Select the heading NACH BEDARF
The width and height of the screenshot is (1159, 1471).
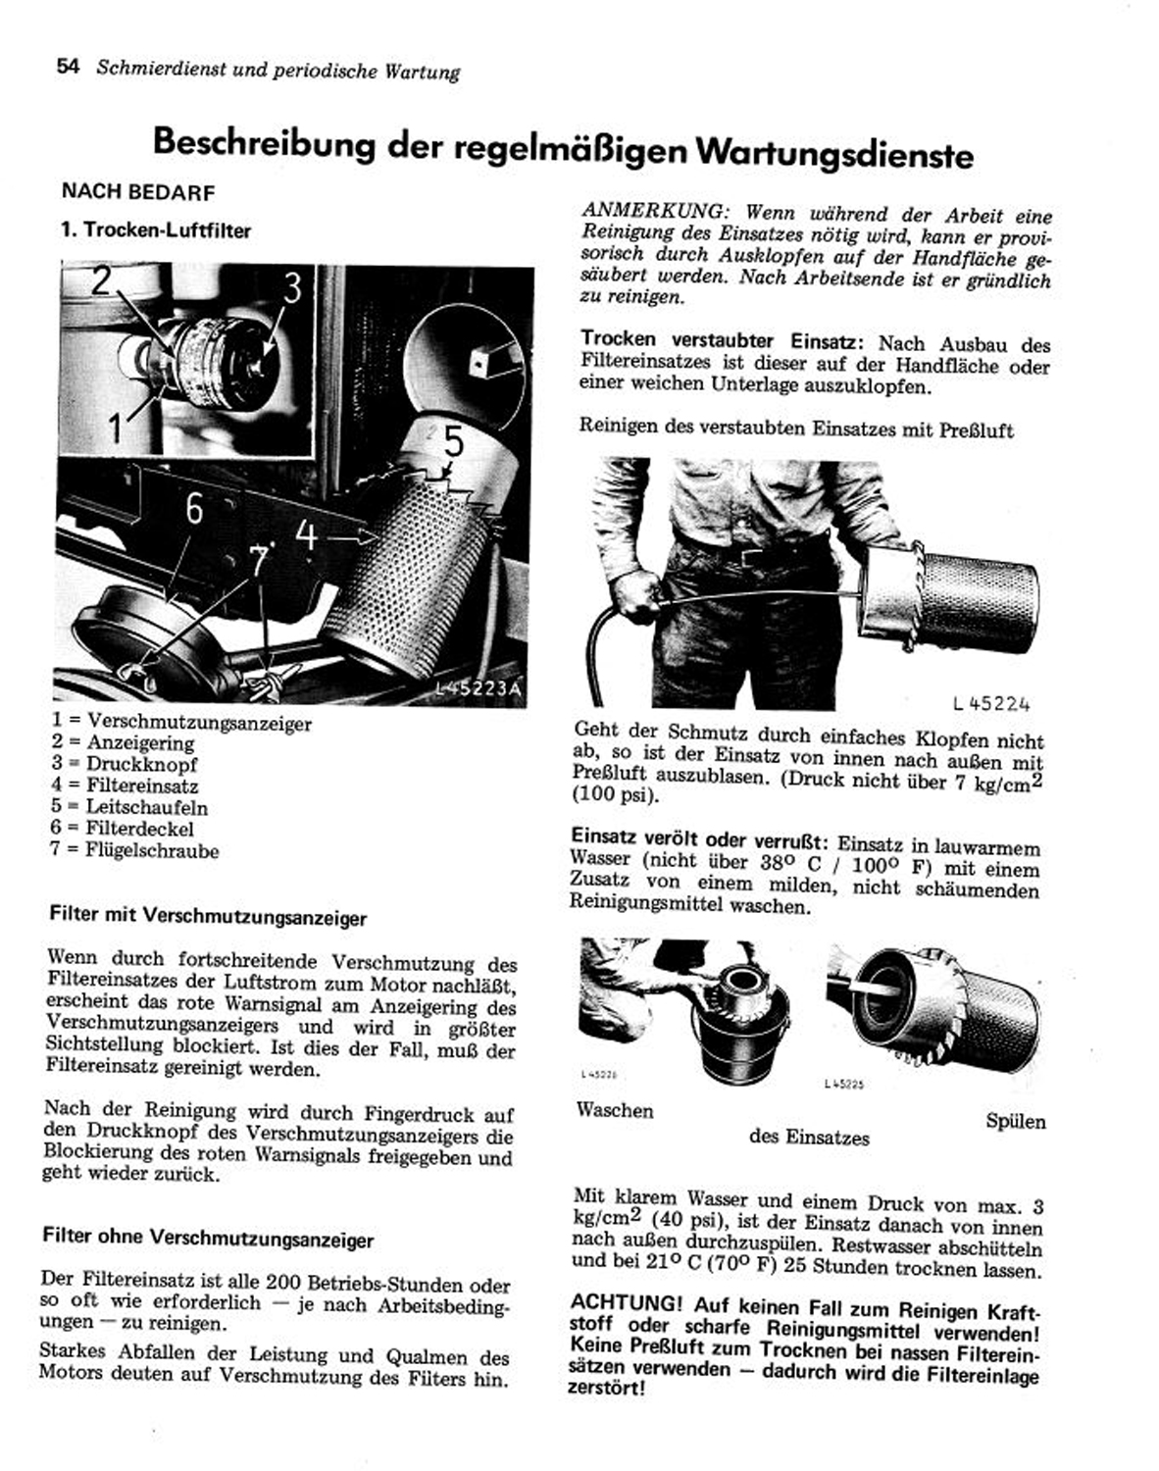pyautogui.click(x=137, y=192)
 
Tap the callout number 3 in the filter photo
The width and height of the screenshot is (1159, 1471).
pyautogui.click(x=292, y=289)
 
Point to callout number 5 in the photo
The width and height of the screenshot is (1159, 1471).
pyautogui.click(x=452, y=442)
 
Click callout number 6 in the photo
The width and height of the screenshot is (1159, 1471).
pyautogui.click(x=194, y=509)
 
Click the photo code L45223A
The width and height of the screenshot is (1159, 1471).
pyautogui.click(x=479, y=689)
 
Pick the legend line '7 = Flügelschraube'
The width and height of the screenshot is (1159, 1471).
pyautogui.click(x=134, y=850)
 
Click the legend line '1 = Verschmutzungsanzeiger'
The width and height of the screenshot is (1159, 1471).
pyautogui.click(x=181, y=724)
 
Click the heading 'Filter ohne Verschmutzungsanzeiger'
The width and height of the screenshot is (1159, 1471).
pyautogui.click(x=208, y=1238)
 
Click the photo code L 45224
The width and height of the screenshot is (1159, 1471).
pyautogui.click(x=990, y=703)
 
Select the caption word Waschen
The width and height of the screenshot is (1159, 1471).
pyautogui.click(x=615, y=1110)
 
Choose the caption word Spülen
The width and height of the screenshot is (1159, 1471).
pyautogui.click(x=1016, y=1121)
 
